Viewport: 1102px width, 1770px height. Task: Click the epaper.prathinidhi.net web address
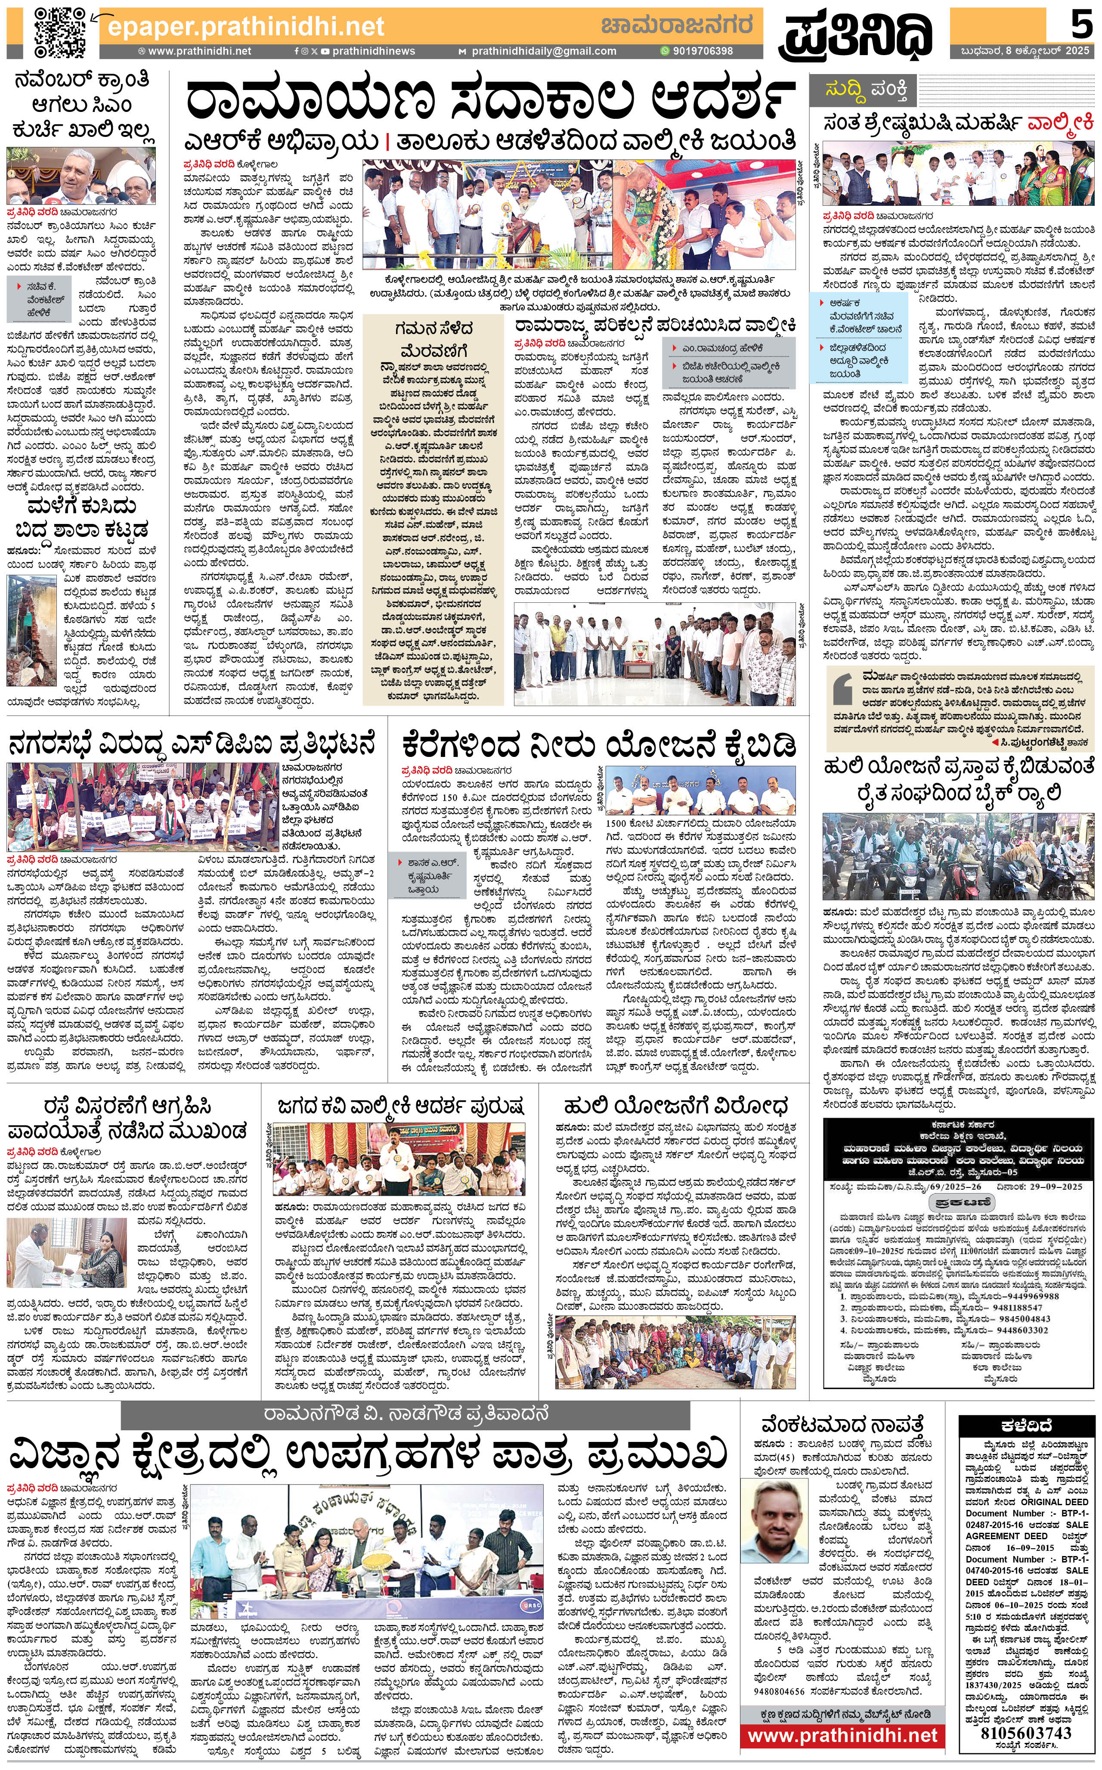[246, 27]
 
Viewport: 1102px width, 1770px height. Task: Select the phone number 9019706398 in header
[702, 51]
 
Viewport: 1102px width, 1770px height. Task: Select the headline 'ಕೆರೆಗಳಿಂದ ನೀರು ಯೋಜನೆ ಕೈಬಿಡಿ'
[598, 744]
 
